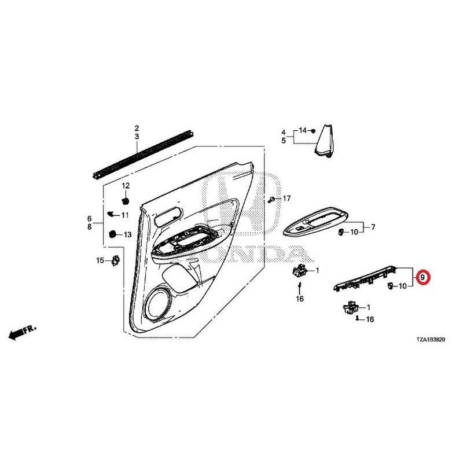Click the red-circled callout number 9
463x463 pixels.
point(422,277)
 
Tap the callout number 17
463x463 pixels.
point(286,199)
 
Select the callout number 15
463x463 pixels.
point(100,260)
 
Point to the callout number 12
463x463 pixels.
point(126,186)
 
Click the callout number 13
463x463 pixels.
point(127,235)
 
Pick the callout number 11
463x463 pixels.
point(125,215)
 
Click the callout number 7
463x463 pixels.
point(373,227)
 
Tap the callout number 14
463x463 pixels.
point(303,130)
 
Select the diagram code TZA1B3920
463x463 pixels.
point(431,340)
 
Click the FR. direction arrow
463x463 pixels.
point(22,333)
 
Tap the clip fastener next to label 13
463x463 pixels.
point(112,234)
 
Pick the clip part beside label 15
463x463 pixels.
point(115,260)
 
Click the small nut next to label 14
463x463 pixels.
point(313,130)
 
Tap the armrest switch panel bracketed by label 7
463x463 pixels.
point(315,222)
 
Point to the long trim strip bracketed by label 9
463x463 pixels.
point(365,278)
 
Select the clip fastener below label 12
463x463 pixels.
point(126,200)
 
